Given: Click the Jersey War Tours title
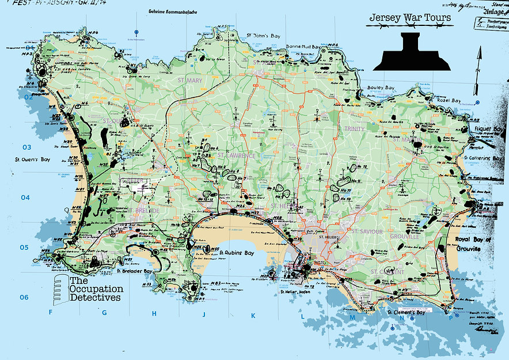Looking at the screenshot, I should coord(409,20).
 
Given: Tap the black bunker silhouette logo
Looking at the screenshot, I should coord(412,51).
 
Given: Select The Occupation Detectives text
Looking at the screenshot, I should coord(95,289).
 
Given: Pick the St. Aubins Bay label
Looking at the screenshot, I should coord(237,253).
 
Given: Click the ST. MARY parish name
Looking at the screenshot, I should coord(190,81).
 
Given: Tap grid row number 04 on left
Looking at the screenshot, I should coord(25,198).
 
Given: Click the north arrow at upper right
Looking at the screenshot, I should coord(477,66).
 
